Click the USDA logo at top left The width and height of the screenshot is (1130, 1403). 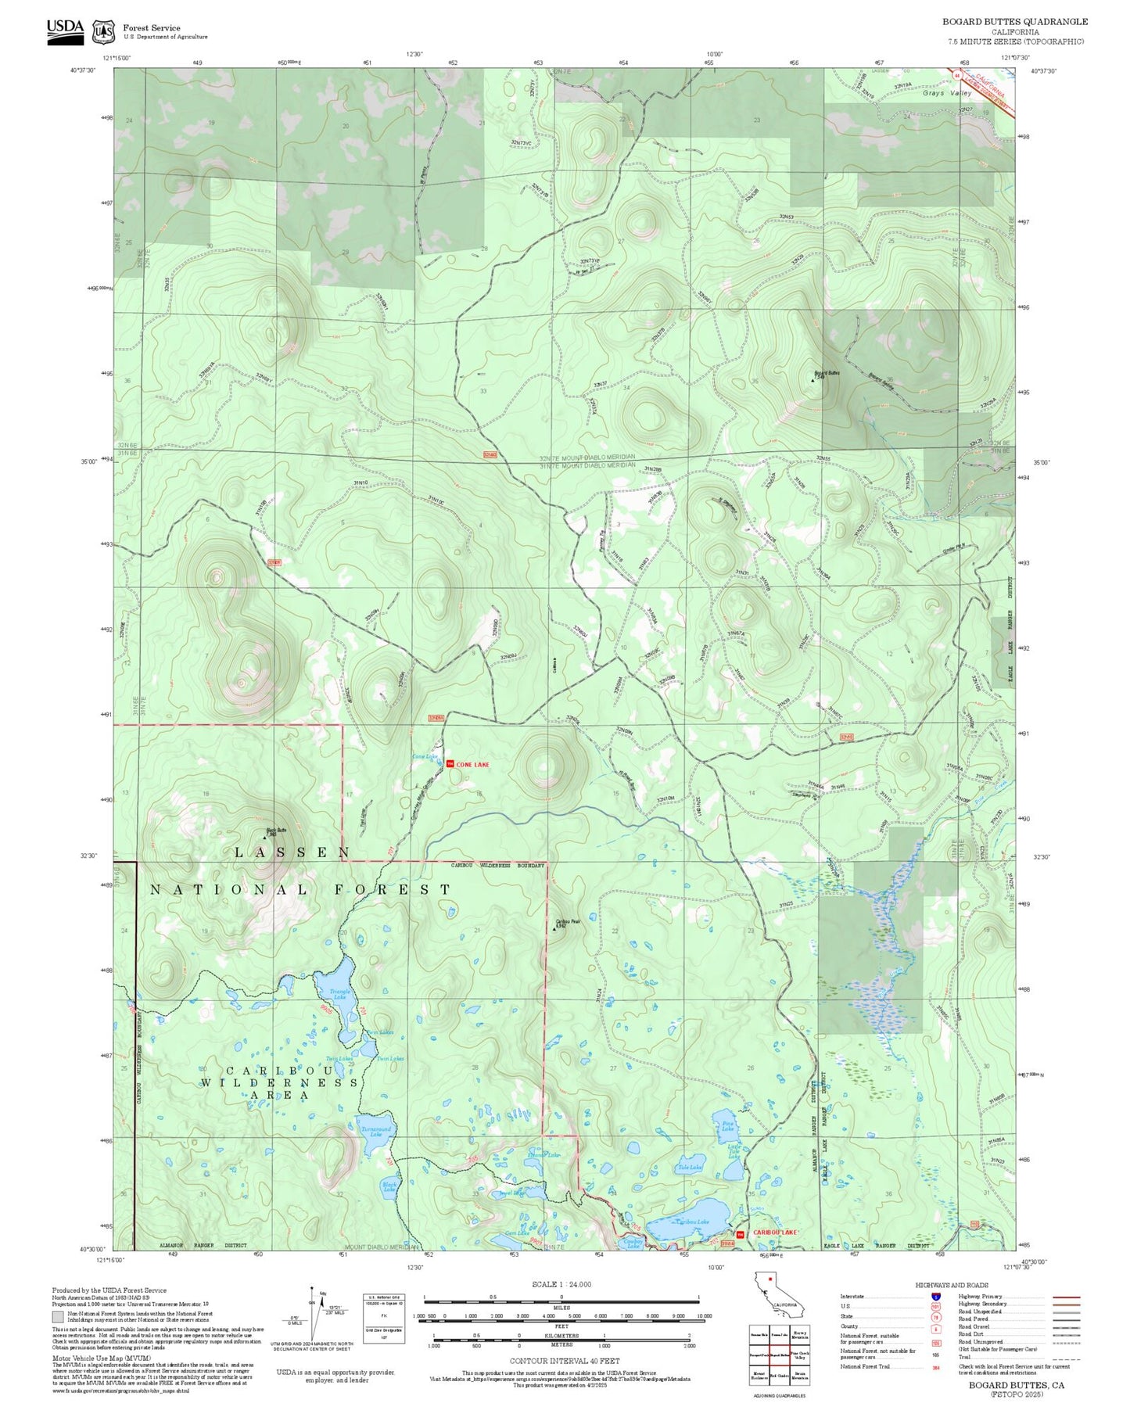[65, 30]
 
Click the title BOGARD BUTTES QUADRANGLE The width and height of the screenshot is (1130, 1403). [1014, 22]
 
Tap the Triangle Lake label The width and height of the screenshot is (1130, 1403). [339, 994]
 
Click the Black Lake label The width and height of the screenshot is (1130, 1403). [389, 1187]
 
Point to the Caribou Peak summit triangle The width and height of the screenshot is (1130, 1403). [554, 928]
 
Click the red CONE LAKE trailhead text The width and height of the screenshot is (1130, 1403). [472, 764]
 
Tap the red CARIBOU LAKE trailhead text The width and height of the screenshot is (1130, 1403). [774, 1233]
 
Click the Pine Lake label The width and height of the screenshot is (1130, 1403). [727, 1126]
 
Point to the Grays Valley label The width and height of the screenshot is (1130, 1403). [946, 93]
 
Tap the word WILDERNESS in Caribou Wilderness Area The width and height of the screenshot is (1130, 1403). [279, 1082]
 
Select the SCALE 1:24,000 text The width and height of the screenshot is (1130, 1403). [561, 1284]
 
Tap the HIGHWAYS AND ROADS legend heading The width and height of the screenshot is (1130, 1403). [951, 1285]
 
